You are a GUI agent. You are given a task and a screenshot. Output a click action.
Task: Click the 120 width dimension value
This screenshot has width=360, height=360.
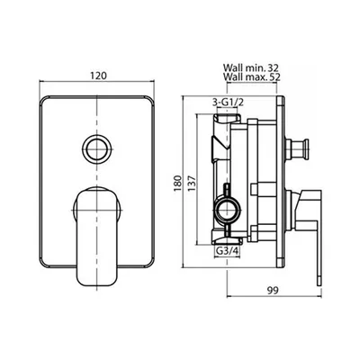98,76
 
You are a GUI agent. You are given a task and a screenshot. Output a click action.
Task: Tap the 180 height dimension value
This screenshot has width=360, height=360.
178,184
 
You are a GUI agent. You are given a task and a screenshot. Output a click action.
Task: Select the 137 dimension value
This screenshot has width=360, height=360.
192,184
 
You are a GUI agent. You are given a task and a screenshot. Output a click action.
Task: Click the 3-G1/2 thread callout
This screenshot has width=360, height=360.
228,103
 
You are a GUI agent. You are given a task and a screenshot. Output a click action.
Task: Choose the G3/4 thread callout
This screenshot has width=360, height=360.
228,251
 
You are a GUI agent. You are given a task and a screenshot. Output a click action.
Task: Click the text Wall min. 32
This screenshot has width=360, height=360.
251,67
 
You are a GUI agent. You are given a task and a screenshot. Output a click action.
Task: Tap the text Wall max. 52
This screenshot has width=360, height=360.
252,77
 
